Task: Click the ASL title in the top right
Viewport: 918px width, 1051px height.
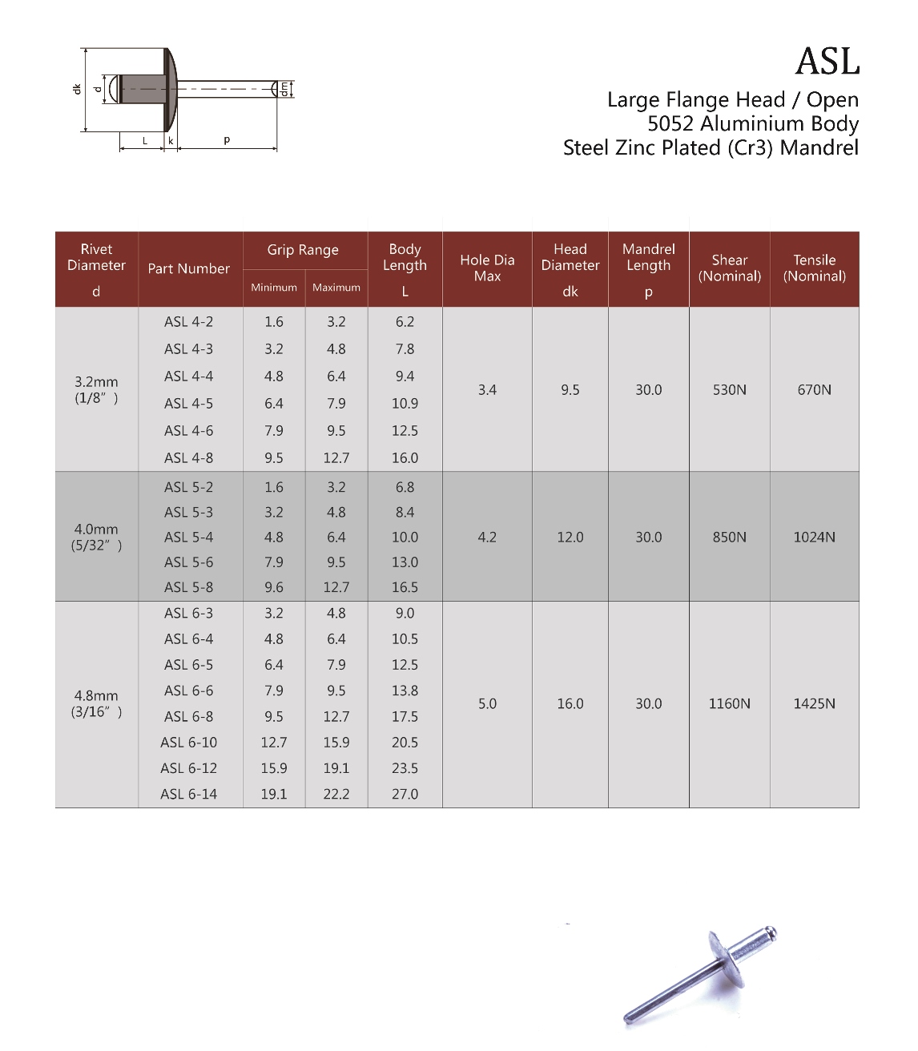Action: [x=827, y=62]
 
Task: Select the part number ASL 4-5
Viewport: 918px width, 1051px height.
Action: [x=188, y=404]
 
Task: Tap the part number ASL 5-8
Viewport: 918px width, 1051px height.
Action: [x=188, y=587]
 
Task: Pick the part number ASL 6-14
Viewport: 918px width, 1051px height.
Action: [x=188, y=794]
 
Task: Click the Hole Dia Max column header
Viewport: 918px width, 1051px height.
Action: [x=487, y=268]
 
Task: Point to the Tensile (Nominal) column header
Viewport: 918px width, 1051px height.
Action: [x=814, y=268]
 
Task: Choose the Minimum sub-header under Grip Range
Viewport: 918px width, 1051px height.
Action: [x=274, y=288]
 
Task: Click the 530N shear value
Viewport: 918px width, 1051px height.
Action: [x=729, y=390]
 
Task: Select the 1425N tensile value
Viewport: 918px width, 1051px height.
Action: [x=814, y=703]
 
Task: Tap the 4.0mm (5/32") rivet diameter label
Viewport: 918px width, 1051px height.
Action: [x=96, y=537]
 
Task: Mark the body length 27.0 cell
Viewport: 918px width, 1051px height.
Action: [x=405, y=794]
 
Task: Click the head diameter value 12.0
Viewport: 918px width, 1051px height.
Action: [x=570, y=537]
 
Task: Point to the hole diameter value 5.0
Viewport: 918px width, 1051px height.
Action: [x=487, y=703]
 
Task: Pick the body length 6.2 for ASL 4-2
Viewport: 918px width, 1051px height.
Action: [x=405, y=322]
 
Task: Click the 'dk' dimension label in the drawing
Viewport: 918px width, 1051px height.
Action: [x=77, y=89]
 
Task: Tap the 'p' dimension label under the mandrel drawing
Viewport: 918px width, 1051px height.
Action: [x=227, y=140]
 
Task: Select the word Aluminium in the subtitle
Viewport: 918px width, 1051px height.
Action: [x=741, y=124]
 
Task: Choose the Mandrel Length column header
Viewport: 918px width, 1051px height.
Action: [x=648, y=258]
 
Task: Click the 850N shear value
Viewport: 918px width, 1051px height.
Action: [x=729, y=537]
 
